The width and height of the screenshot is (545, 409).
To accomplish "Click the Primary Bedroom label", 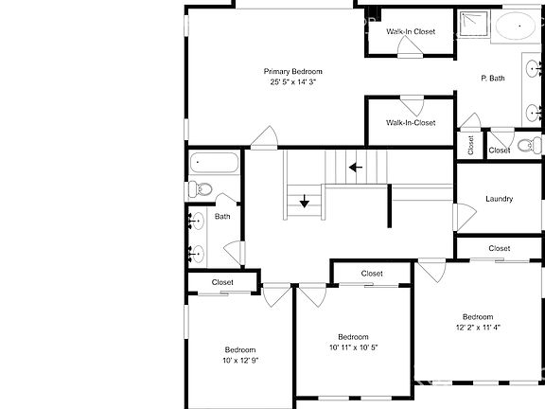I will [x=292, y=72].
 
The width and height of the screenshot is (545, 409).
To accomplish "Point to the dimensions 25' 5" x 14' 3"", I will [x=292, y=82].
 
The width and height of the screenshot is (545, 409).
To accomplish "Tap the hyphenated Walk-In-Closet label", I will [x=411, y=122].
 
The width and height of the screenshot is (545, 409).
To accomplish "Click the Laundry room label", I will [x=499, y=199].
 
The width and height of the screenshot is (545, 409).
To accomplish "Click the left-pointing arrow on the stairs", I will [x=356, y=169].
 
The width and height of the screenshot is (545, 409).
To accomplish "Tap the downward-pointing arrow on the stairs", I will [x=305, y=202].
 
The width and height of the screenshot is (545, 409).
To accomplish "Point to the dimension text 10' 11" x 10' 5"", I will [x=353, y=347].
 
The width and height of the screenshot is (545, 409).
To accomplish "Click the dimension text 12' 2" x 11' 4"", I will [x=478, y=328].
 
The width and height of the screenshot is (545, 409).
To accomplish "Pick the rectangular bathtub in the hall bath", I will [x=213, y=162].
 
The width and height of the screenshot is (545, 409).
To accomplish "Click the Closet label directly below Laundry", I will [x=500, y=248].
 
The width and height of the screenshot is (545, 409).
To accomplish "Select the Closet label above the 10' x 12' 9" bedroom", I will [x=222, y=282].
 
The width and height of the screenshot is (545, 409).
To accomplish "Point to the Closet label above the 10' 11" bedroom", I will [x=372, y=273].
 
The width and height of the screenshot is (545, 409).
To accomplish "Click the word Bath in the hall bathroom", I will [x=222, y=217].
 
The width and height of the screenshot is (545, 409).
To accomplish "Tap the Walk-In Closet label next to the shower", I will [x=411, y=31].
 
